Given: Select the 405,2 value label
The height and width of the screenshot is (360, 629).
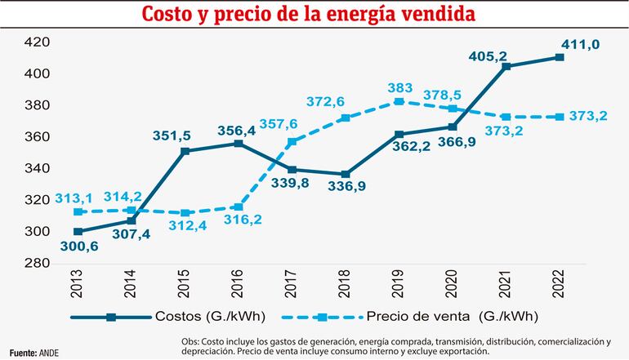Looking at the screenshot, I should coord(488,56).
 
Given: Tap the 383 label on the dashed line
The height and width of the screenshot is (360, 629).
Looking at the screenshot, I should coord(402,87).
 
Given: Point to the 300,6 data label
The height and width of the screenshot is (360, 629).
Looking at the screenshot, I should coord(79,247).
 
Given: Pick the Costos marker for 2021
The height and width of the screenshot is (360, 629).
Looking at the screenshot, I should coord(507,66).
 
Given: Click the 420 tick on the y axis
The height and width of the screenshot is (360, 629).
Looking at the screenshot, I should coord(38,42).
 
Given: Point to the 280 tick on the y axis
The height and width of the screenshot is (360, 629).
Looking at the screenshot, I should coord(38,263).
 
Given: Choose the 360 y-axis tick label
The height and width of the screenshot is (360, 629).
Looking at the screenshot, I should coord(38,136).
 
